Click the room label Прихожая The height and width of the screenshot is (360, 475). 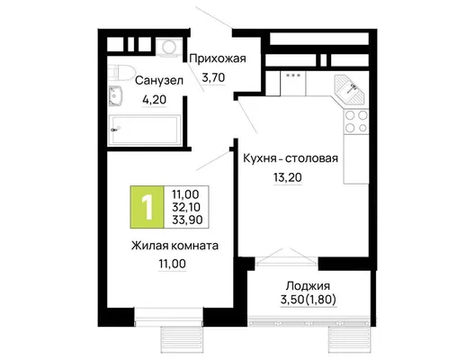coord(217,58)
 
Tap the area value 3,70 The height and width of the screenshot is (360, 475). coord(213,78)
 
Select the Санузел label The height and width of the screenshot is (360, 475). coord(159,81)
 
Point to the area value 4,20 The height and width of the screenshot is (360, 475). coord(155,100)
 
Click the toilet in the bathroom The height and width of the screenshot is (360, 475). coord(121,73)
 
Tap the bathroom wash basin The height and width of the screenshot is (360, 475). coord(115,95)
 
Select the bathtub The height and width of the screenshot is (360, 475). coord(145,130)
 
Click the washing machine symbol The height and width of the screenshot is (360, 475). coord(169,47)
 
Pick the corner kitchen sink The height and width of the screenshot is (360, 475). coord(350,89)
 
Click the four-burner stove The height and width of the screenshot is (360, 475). coord(356,121)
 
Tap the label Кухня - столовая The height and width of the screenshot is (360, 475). coord(291,158)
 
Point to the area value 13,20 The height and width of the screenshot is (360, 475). coord(288,177)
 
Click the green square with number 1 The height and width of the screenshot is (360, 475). coord(147,207)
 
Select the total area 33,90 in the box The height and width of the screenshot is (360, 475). coord(187,220)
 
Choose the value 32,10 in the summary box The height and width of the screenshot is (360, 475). coord(186,207)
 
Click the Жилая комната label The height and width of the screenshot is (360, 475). coord(175,246)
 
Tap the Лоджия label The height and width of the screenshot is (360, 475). coord(308,286)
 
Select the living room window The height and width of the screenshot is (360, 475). coord(168,317)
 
